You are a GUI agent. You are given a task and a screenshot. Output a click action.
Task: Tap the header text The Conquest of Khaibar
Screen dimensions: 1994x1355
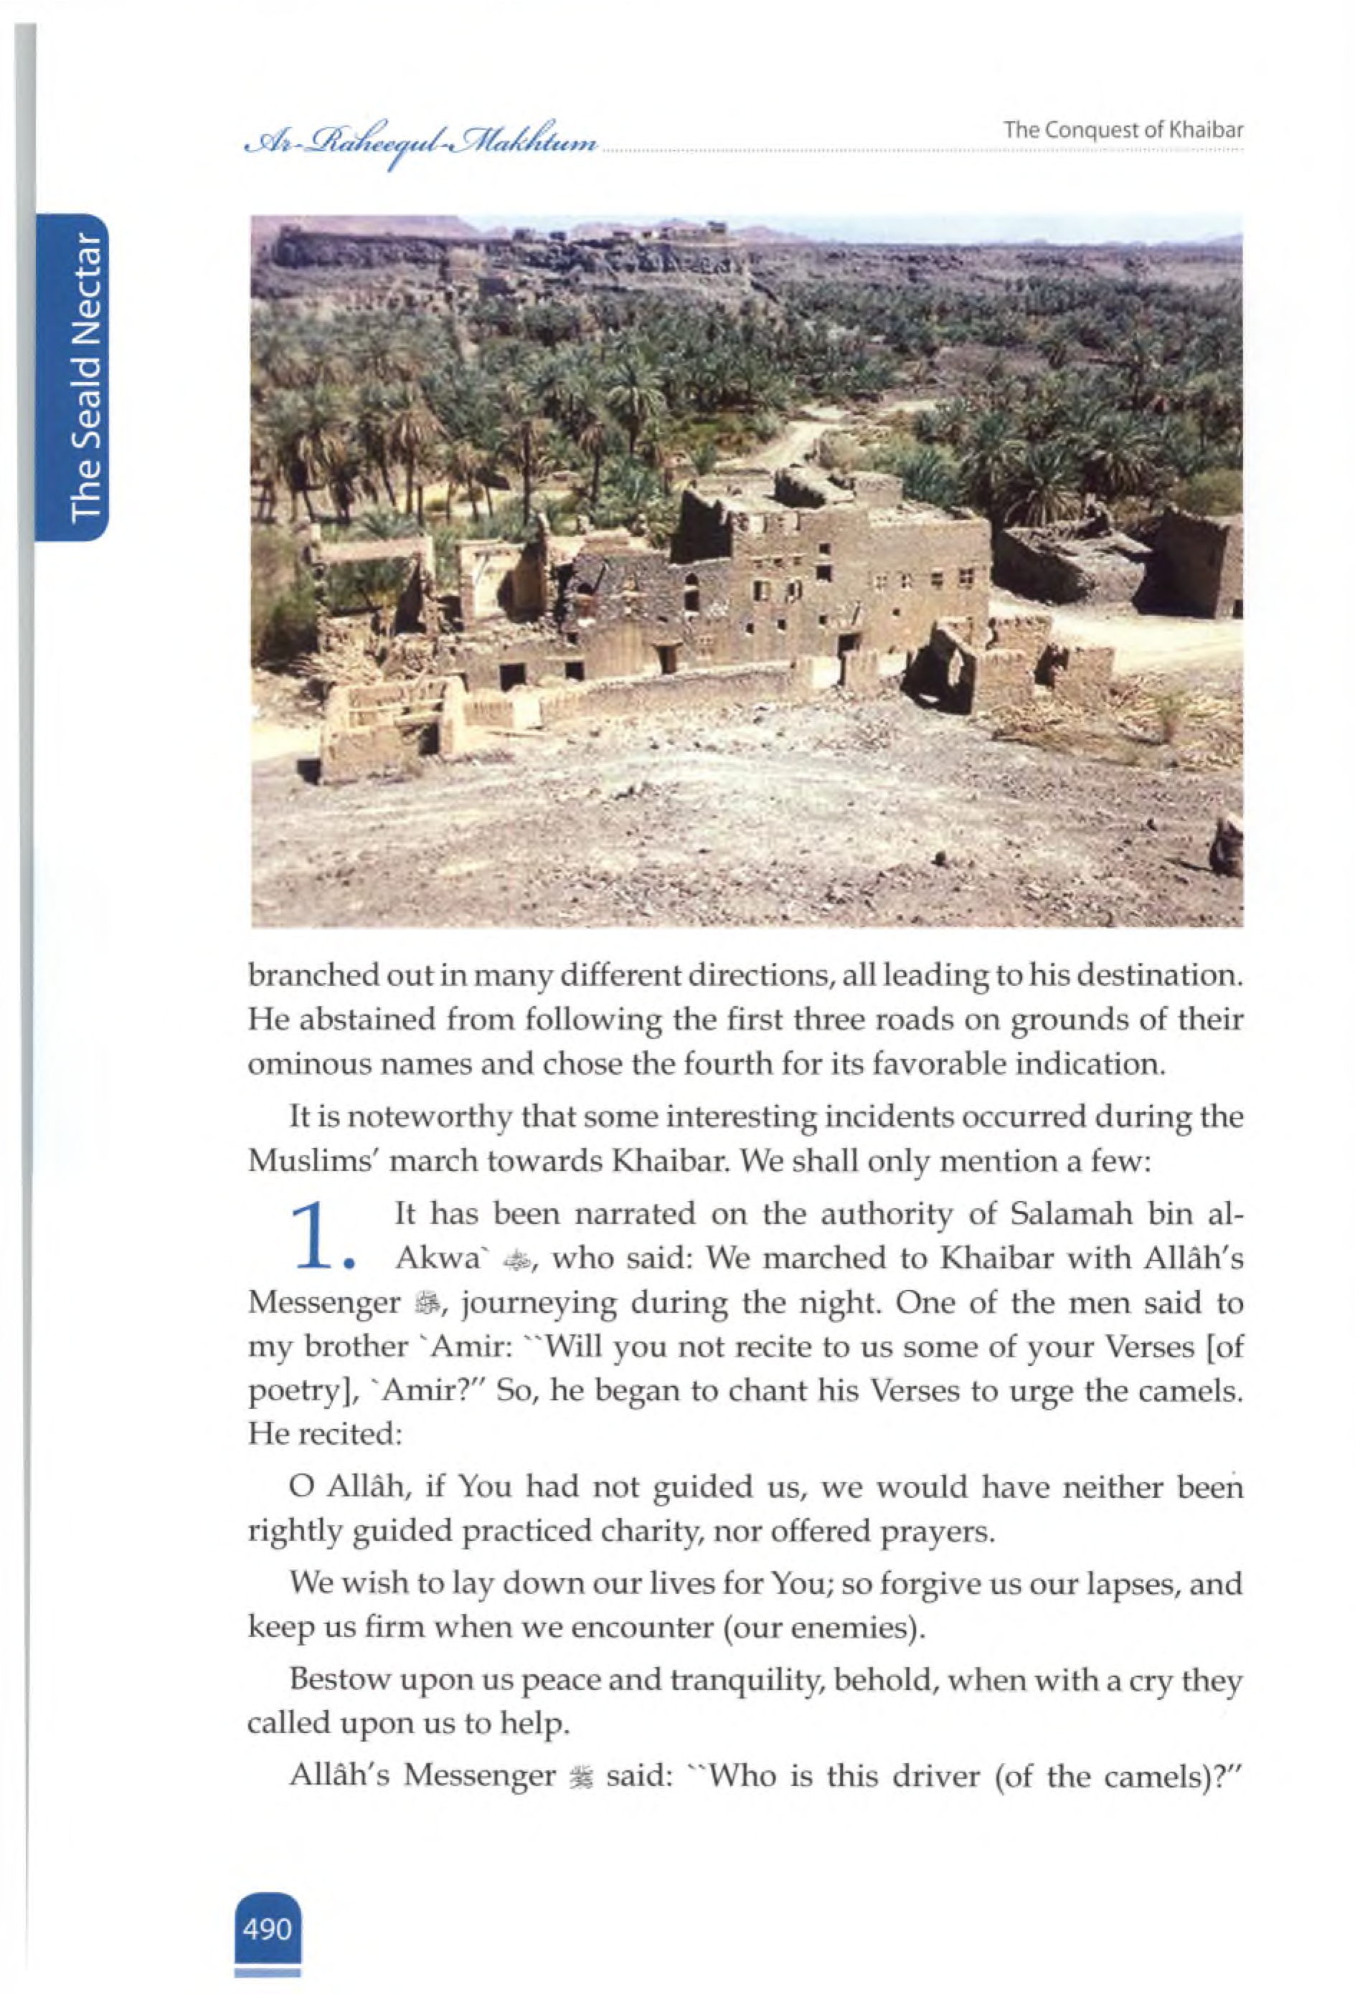pyautogui.click(x=1123, y=130)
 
